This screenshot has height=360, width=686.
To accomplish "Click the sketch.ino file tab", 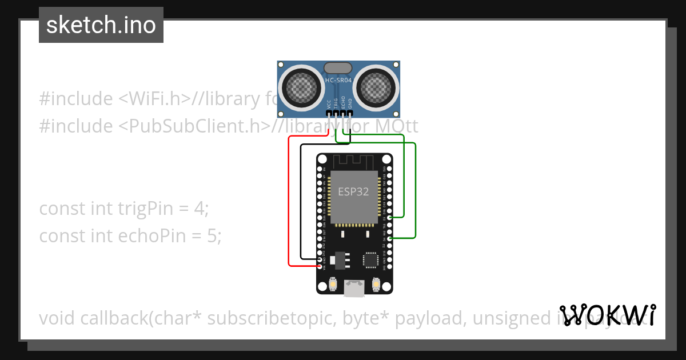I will (101, 25).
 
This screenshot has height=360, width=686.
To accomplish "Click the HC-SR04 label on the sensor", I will (338, 81).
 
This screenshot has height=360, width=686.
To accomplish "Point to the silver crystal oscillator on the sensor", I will (338, 69).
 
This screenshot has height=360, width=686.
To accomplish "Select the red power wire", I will (289, 200).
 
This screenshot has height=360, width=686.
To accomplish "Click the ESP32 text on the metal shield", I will (353, 192).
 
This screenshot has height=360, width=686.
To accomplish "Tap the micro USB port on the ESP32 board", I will (354, 287).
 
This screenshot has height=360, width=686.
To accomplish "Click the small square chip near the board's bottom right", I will (370, 261).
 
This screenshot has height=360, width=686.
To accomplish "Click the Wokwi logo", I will (608, 315).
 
